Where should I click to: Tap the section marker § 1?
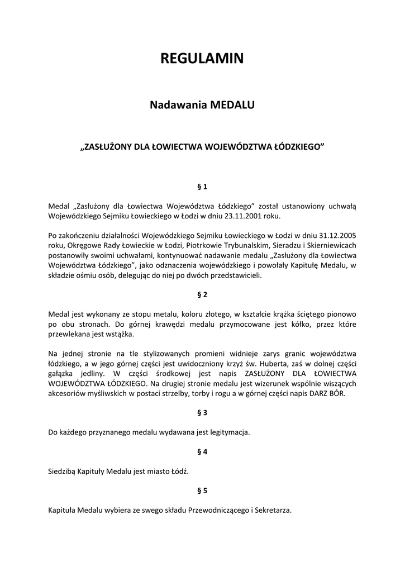[x=202, y=186]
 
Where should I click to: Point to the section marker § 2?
[x=202, y=294]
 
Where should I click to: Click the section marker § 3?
[x=202, y=412]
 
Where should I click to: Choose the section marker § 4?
[x=202, y=451]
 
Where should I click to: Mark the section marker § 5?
[x=202, y=490]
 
